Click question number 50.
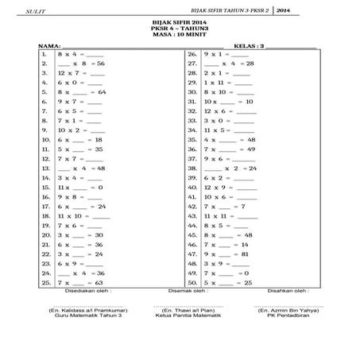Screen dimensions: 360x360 192,282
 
